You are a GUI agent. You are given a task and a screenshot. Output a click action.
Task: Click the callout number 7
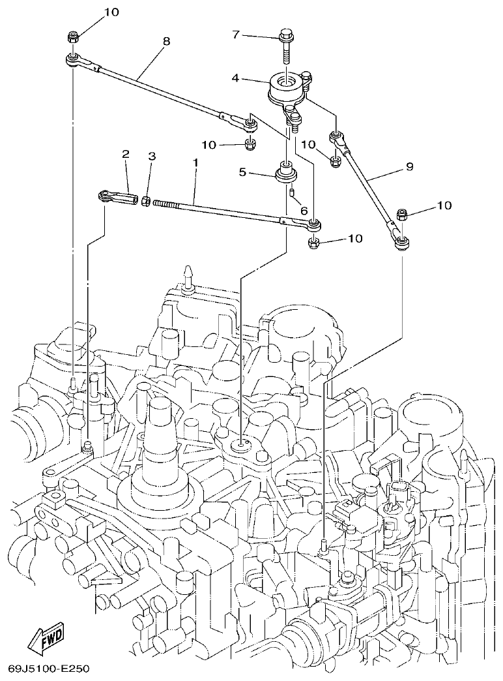coord(236,34)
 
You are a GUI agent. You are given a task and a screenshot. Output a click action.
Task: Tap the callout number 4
coord(236,78)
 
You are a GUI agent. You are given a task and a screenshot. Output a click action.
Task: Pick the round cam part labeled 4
coord(287,88)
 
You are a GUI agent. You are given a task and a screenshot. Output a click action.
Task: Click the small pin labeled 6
coord(293,192)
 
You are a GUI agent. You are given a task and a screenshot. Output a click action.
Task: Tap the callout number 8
coord(166,40)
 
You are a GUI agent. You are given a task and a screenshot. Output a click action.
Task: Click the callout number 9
coord(409,166)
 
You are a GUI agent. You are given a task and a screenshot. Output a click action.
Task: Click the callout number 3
coord(152,156)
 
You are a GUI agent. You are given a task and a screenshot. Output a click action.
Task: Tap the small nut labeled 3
coord(147,200)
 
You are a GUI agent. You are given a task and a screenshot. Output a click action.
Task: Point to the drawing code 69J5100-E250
coord(48,669)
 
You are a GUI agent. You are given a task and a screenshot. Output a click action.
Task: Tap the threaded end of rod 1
coord(169,204)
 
